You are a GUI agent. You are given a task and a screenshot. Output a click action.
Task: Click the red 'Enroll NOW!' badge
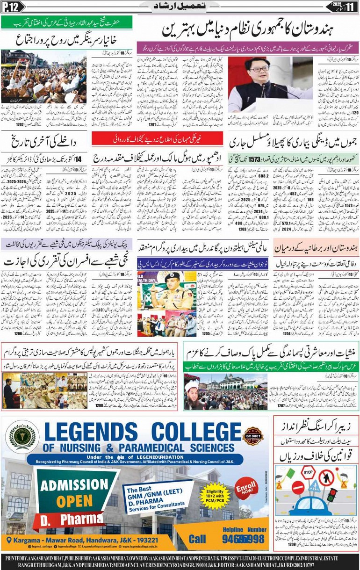(x=246, y=488)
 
